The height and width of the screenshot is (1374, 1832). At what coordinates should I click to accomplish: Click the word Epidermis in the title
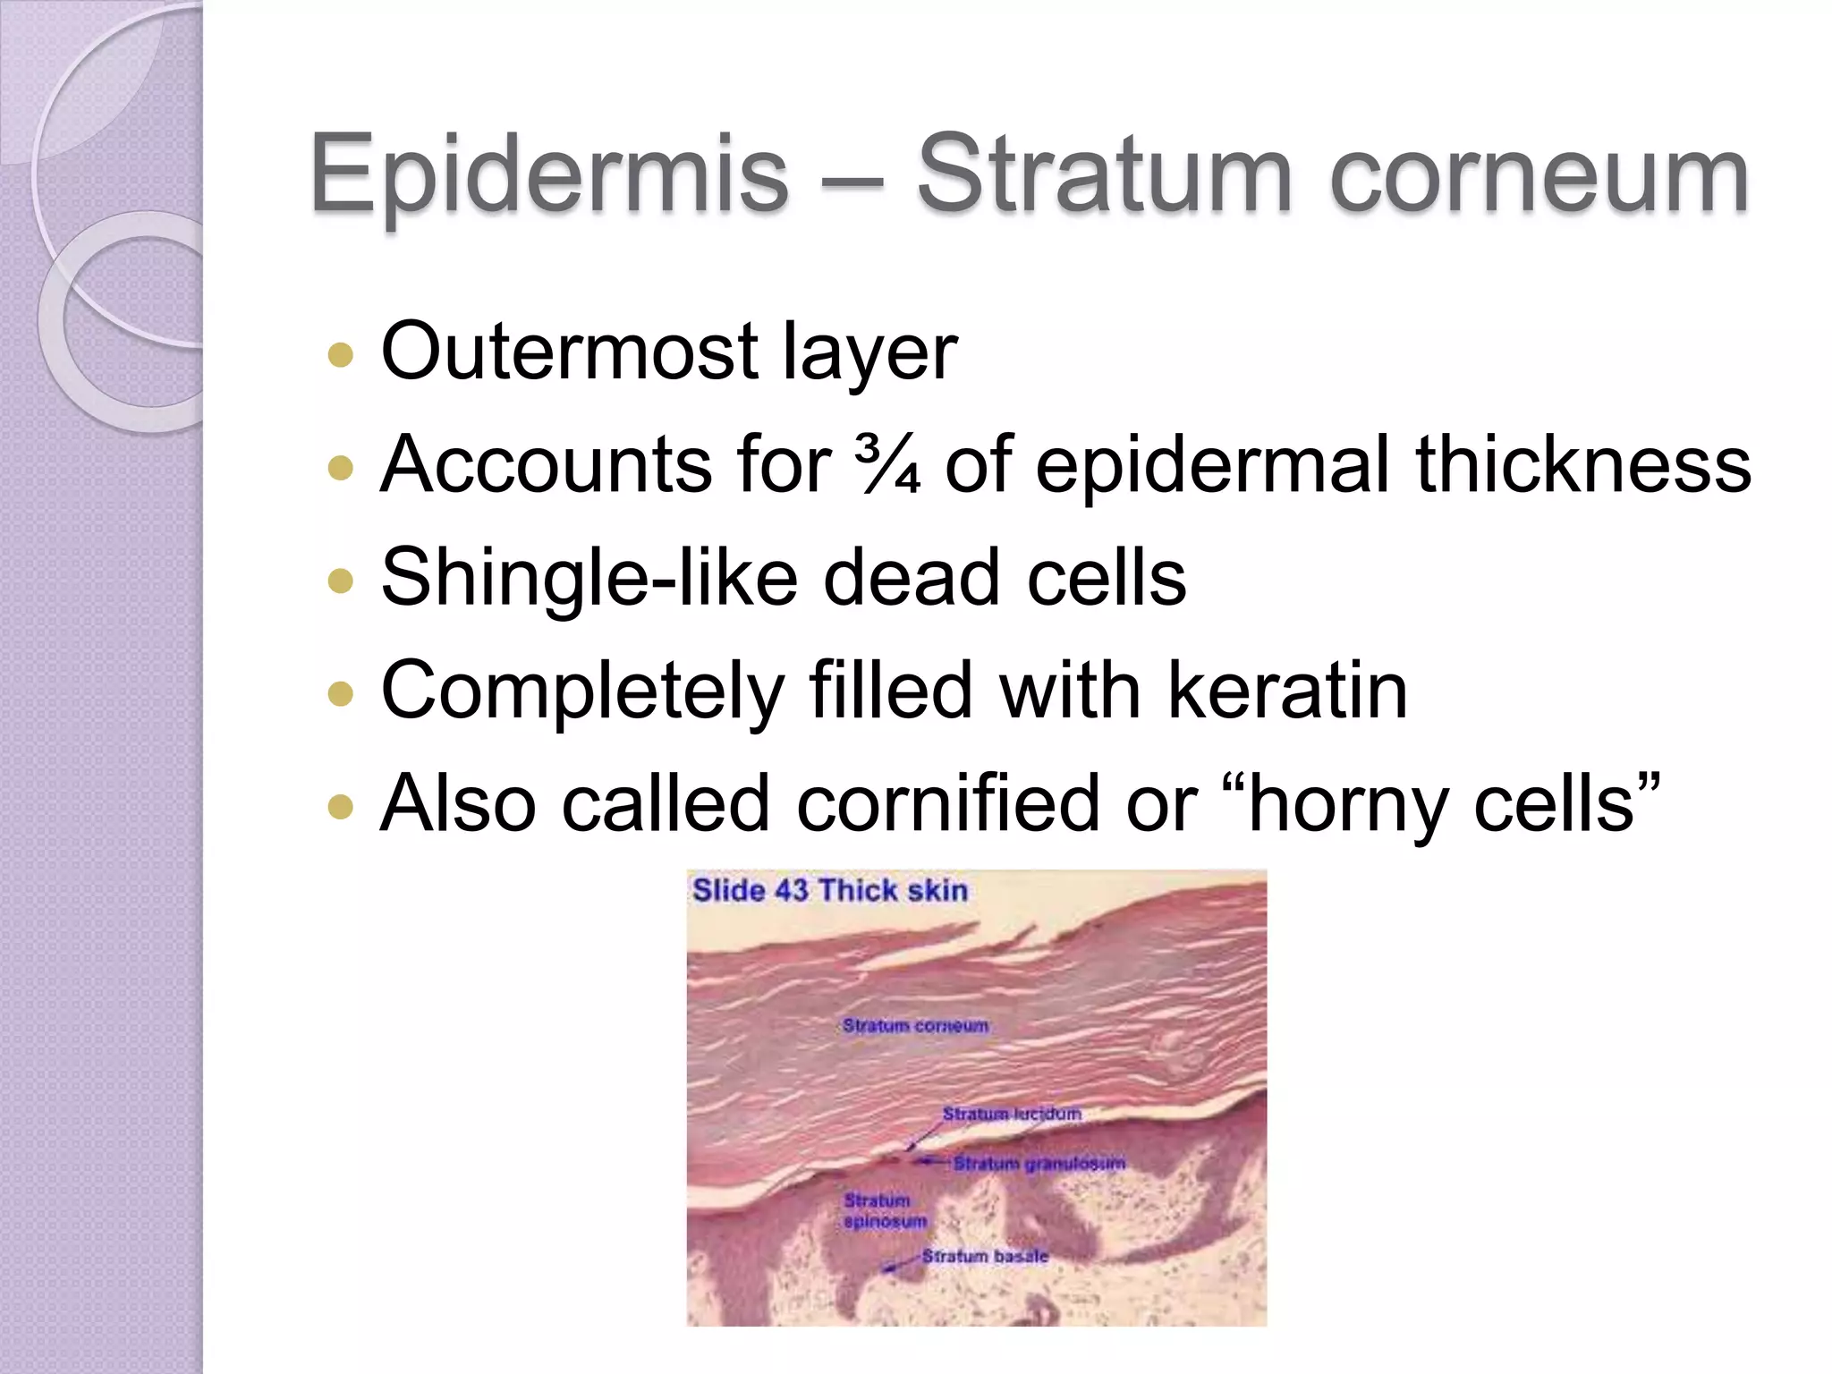548,174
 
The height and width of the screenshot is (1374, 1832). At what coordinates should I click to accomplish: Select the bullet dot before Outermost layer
341,355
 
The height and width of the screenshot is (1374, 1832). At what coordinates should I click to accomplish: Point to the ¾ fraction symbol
886,464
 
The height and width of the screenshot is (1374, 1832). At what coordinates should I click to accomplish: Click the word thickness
1582,464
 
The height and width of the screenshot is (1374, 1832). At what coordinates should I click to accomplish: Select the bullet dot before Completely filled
341,693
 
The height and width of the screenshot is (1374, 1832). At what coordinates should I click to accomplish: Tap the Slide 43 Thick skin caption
829,891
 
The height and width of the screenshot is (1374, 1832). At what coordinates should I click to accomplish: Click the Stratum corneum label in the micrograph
915,1026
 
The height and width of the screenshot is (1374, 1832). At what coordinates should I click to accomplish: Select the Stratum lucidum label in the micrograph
1012,1115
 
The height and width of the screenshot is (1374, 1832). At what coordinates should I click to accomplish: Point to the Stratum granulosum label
1039,1164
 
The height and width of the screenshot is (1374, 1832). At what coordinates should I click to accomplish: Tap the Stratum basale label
985,1257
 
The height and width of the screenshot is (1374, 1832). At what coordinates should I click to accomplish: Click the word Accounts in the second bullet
544,464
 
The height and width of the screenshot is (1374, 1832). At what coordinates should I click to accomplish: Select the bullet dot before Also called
341,808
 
